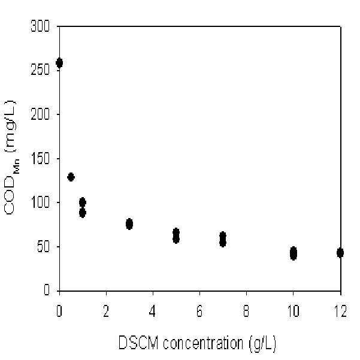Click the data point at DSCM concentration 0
coord(59,63)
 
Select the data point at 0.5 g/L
coord(71,177)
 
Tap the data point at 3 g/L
coord(129,224)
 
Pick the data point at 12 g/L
coord(340,253)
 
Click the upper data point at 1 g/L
coord(83,202)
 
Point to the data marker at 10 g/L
coord(293,253)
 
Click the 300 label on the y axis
coord(40,26)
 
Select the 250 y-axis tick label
coord(40,70)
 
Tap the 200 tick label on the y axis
coord(40,114)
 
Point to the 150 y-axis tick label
coord(40,158)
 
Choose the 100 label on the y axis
coord(40,202)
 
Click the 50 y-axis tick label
coord(43,247)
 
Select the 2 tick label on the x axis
coord(106,311)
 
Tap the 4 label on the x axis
coord(153,311)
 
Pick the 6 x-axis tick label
coord(199,311)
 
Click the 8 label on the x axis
coord(246,311)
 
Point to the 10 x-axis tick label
coord(294,311)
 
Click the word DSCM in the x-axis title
coord(138,343)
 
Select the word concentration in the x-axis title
coord(203,343)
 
